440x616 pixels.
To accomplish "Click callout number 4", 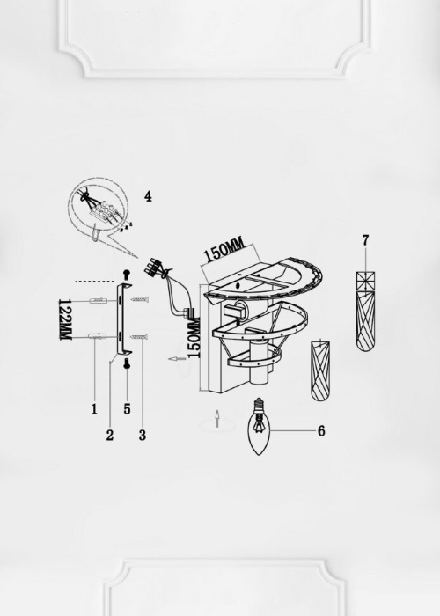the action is (x=148, y=196).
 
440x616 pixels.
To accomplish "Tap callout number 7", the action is (x=366, y=240).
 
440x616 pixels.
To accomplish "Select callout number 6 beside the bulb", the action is (x=321, y=431).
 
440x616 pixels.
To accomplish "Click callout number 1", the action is (x=94, y=409).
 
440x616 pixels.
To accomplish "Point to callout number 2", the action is (x=110, y=435).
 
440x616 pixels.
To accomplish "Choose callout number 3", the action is (x=143, y=435).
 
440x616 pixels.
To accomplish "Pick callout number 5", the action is (x=127, y=409).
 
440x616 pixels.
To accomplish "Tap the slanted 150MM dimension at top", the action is (x=224, y=250).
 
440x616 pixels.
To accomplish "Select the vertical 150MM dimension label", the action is (x=194, y=337).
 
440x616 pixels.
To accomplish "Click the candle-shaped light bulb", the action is (x=259, y=427).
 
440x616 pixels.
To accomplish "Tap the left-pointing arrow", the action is (x=177, y=359).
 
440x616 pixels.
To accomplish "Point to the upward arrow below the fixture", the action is (x=216, y=419).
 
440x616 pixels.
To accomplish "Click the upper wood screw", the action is (x=140, y=300).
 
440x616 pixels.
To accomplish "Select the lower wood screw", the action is (x=138, y=336).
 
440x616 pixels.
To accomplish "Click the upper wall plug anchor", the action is (x=98, y=301).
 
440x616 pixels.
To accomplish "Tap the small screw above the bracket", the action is (x=127, y=273).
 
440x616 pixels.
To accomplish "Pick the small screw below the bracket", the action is (x=127, y=363).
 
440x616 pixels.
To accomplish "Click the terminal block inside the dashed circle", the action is (x=103, y=210).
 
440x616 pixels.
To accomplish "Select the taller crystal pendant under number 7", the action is (x=366, y=312).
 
